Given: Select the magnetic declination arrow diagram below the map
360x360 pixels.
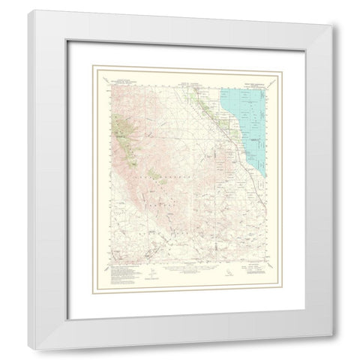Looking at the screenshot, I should tap(153, 271).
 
